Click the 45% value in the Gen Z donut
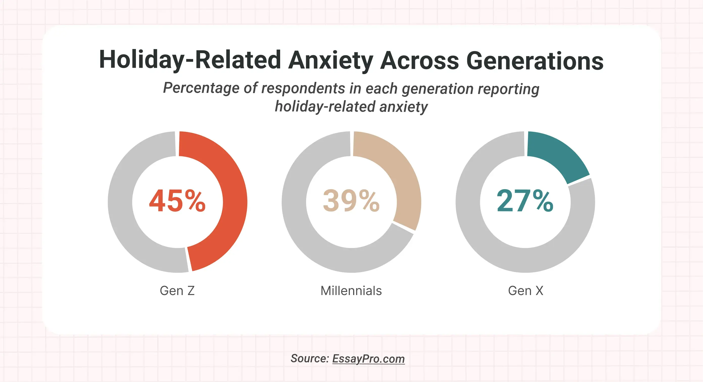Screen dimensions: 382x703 click(x=177, y=201)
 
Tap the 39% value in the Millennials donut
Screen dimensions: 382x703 click(x=351, y=201)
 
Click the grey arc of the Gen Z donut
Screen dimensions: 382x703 click(x=120, y=202)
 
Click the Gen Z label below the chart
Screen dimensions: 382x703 click(x=177, y=290)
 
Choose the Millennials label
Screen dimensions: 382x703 click(x=351, y=290)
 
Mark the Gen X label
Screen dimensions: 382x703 click(x=525, y=290)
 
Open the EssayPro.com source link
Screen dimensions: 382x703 click(x=368, y=358)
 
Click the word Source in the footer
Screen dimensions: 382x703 click(x=309, y=358)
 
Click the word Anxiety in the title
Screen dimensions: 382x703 click(x=330, y=61)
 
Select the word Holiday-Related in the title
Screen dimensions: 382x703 click(x=190, y=60)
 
